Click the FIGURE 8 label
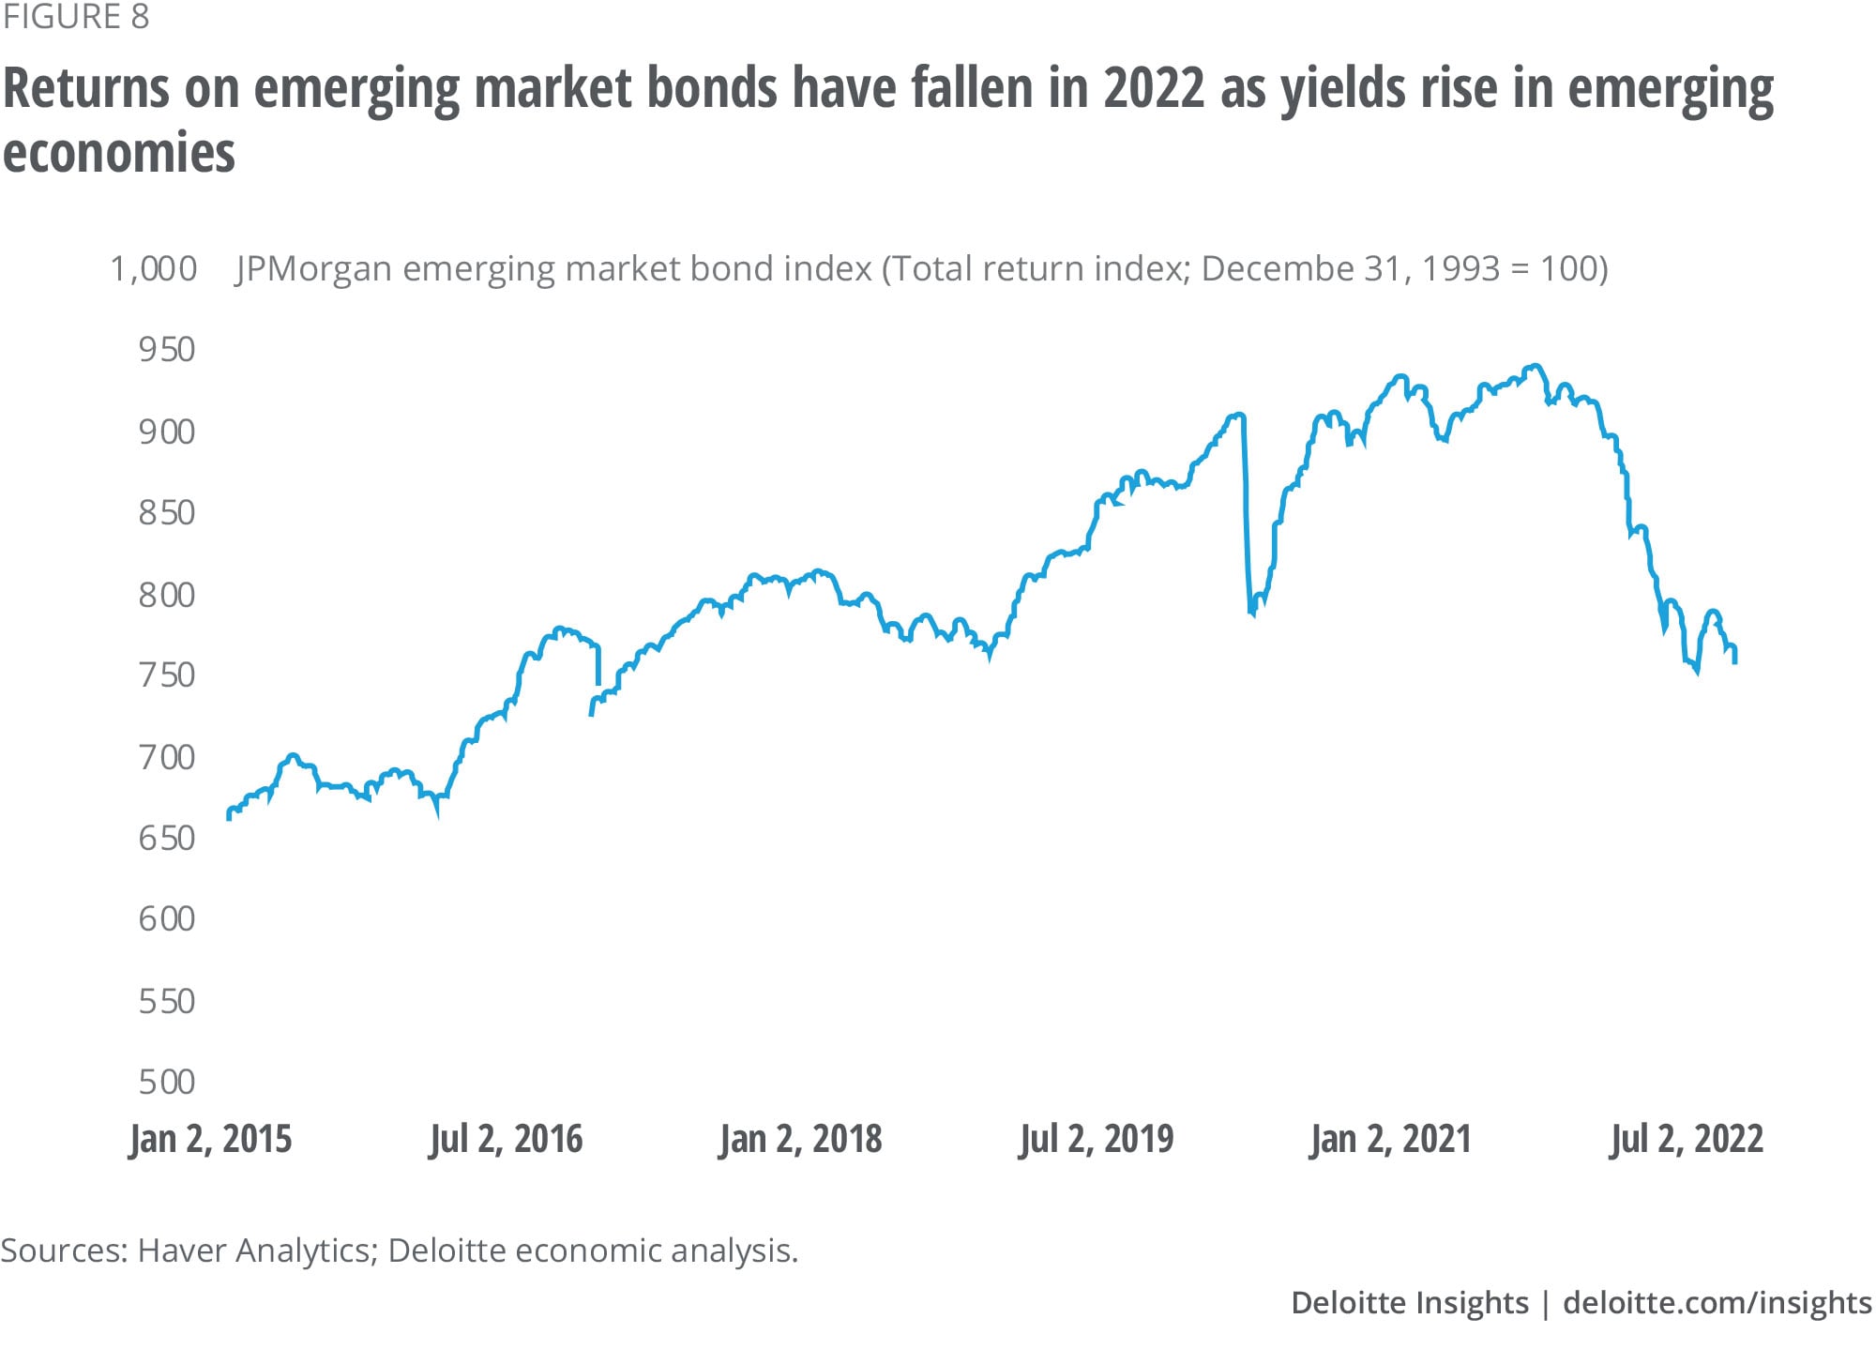(76, 17)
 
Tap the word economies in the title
(119, 152)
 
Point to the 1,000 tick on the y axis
(154, 269)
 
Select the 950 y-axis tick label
(167, 350)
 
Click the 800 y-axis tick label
(167, 595)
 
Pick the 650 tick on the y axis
(167, 838)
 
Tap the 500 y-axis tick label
(167, 1082)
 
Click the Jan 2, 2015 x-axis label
(211, 1139)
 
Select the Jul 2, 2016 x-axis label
(507, 1139)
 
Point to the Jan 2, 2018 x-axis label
(801, 1139)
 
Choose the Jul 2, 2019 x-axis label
(1097, 1139)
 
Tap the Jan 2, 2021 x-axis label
(1391, 1139)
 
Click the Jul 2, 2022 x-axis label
(1687, 1139)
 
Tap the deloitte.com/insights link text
(1717, 1303)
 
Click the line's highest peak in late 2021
(1535, 366)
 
